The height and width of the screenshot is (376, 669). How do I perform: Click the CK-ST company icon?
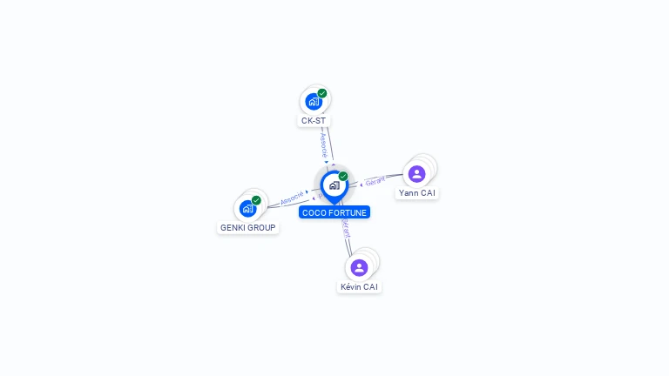(314, 102)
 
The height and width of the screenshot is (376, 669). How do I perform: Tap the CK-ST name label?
(314, 120)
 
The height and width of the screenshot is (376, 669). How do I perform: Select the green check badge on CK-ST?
(322, 93)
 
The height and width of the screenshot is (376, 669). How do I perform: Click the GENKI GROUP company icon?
(247, 209)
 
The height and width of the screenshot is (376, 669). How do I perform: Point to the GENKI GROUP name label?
(247, 228)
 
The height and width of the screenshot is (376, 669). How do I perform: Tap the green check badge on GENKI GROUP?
(256, 200)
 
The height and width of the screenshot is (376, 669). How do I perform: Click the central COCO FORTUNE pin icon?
(334, 185)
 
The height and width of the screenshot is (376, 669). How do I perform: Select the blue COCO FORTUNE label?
(334, 212)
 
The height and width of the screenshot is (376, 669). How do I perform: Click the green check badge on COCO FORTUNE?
(343, 177)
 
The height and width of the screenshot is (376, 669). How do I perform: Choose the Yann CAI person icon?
(416, 174)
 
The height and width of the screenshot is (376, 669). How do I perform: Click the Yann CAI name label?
(416, 193)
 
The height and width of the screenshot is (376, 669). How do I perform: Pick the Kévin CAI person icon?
(359, 267)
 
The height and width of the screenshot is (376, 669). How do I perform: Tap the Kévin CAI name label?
(360, 287)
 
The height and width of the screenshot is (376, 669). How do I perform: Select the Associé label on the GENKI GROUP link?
(292, 197)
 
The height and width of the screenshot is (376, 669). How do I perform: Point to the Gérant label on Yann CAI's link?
(375, 181)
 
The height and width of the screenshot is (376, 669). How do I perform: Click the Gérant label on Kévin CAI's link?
(346, 228)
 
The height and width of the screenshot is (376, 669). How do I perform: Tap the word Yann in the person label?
(408, 193)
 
